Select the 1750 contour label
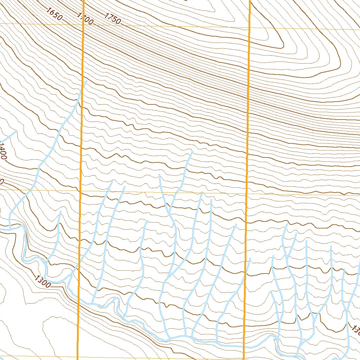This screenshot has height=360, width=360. [x=112, y=18]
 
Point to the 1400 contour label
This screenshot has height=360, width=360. [x=3, y=151]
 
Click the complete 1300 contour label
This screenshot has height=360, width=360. [x=43, y=281]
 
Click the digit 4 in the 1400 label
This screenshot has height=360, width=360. [x=2, y=148]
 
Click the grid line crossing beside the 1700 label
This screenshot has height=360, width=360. [x=84, y=25]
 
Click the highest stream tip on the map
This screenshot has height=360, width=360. [x=86, y=81]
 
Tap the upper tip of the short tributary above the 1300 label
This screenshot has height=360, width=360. [x=60, y=212]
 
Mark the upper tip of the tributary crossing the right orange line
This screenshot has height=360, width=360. [x=250, y=259]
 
